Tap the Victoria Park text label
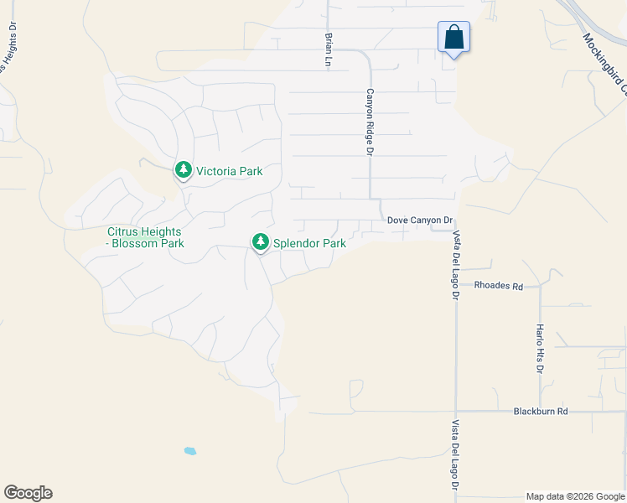click(x=229, y=171)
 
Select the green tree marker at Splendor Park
click(x=261, y=242)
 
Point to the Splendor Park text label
click(x=310, y=244)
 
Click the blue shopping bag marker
click(x=453, y=39)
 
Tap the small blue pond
click(x=190, y=451)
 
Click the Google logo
click(x=28, y=493)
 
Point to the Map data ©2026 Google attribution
click(x=574, y=496)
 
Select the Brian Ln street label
click(x=329, y=49)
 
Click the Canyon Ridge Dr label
click(x=369, y=122)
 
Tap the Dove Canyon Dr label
click(x=420, y=220)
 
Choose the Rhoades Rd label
click(x=498, y=286)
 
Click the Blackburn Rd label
click(x=541, y=412)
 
